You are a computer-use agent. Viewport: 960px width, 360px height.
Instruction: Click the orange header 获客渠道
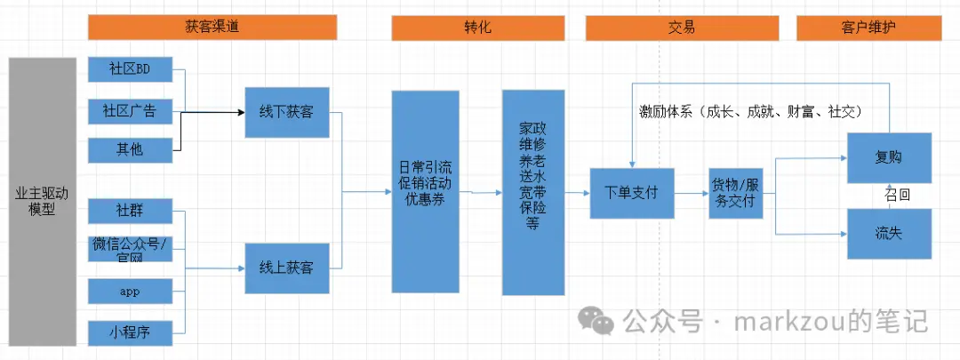[x=212, y=28]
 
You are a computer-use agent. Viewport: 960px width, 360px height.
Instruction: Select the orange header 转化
[x=478, y=28]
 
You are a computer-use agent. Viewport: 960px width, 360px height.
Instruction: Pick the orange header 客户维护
[x=868, y=28]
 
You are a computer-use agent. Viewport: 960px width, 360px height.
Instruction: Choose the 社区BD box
[x=130, y=69]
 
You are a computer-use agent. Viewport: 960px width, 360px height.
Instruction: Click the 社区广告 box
[x=130, y=111]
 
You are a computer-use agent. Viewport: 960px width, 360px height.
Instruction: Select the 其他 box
[x=130, y=149]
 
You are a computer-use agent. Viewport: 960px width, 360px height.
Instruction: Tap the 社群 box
[x=130, y=212]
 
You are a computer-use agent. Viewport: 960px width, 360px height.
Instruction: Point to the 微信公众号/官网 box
[x=130, y=250]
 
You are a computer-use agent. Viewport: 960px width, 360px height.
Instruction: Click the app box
[x=130, y=291]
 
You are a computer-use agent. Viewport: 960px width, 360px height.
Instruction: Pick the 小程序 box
[x=130, y=333]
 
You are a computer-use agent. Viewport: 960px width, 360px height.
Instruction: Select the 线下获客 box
[x=286, y=113]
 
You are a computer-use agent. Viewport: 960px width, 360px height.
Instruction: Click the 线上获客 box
[x=286, y=268]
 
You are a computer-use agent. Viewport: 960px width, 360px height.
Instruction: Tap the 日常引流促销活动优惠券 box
[x=425, y=191]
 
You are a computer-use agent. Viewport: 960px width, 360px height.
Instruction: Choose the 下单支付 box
[x=631, y=192]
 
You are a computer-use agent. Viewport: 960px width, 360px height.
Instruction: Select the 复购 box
[x=888, y=158]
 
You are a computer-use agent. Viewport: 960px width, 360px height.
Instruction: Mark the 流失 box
[x=888, y=234]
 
